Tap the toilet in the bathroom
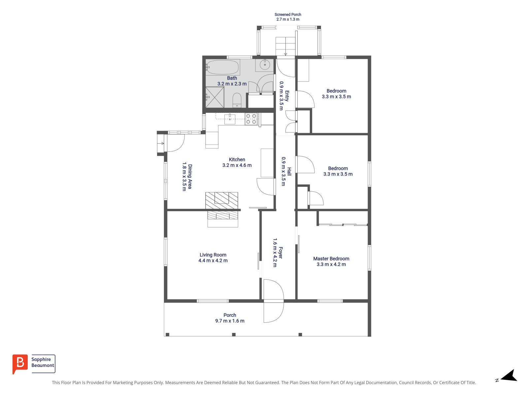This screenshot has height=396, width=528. (x=237, y=100)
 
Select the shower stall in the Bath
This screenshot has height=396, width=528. (x=214, y=97)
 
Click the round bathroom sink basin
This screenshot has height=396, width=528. (x=265, y=64)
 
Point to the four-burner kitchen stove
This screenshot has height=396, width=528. (x=251, y=119)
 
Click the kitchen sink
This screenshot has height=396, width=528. (x=230, y=119)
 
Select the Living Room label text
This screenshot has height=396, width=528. (x=213, y=255)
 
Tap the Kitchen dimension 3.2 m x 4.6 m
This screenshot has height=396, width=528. (x=237, y=165)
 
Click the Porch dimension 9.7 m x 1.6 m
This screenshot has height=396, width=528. (x=230, y=321)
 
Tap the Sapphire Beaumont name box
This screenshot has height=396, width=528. (x=43, y=364)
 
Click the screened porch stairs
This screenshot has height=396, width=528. (x=285, y=47)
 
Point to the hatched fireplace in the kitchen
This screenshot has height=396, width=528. (x=221, y=201)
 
